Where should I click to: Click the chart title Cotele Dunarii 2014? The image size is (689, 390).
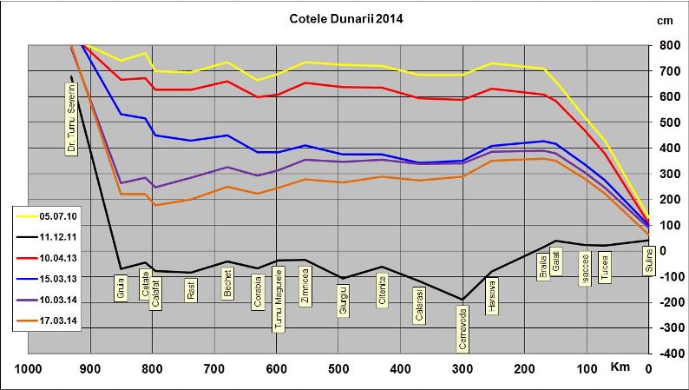pyautogui.click(x=345, y=17)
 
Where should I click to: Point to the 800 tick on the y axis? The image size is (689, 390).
pyautogui.click(x=668, y=45)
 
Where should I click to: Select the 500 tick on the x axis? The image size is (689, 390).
pyautogui.click(x=338, y=369)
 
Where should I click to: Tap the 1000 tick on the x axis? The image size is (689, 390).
pyautogui.click(x=29, y=369)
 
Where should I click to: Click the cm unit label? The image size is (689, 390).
pyautogui.click(x=666, y=20)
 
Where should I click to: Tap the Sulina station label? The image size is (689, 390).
pyautogui.click(x=646, y=260)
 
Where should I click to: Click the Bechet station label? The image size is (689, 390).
pyautogui.click(x=226, y=284)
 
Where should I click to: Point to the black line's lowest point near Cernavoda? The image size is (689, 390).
pyautogui.click(x=463, y=300)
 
